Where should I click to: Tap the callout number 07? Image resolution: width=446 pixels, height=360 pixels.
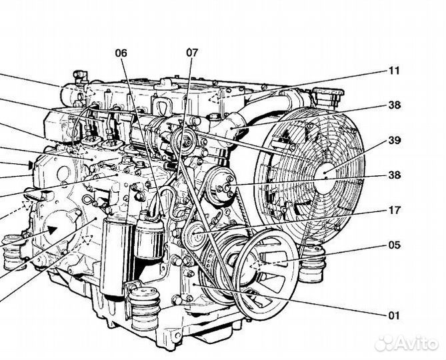(192, 52)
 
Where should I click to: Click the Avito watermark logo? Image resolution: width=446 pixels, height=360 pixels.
(407, 343)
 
